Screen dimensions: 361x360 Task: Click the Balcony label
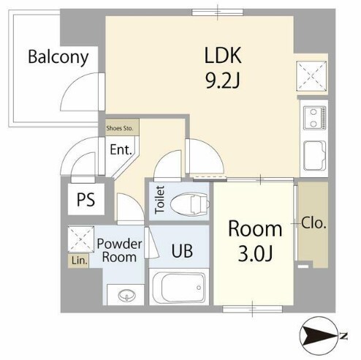pyautogui.click(x=58, y=57)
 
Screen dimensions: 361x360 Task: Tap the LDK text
pyautogui.click(x=223, y=55)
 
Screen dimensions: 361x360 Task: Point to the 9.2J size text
pyautogui.click(x=223, y=80)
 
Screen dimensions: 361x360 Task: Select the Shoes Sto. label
pyautogui.click(x=120, y=128)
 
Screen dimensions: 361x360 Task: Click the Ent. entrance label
pyautogui.click(x=121, y=149)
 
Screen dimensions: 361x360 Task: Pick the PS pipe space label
pyautogui.click(x=85, y=200)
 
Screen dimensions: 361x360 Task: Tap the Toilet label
pyautogui.click(x=160, y=200)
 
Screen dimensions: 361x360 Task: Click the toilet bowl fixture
pyautogui.click(x=190, y=204)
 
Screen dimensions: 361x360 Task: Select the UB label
pyautogui.click(x=182, y=250)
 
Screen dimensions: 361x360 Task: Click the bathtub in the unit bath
pyautogui.click(x=179, y=288)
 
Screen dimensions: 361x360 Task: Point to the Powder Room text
pyautogui.click(x=119, y=250)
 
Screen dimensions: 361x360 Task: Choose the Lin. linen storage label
pyautogui.click(x=79, y=261)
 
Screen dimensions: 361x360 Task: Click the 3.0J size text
pyautogui.click(x=255, y=254)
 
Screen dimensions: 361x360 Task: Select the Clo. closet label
pyautogui.click(x=313, y=222)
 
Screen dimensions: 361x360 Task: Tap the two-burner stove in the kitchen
pyautogui.click(x=314, y=118)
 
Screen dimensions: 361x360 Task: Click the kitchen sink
pyautogui.click(x=314, y=156)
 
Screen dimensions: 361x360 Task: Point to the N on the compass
pyautogui.click(x=343, y=337)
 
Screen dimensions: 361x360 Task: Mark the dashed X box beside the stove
pyautogui.click(x=312, y=76)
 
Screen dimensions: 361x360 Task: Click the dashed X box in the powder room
pyautogui.click(x=81, y=239)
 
